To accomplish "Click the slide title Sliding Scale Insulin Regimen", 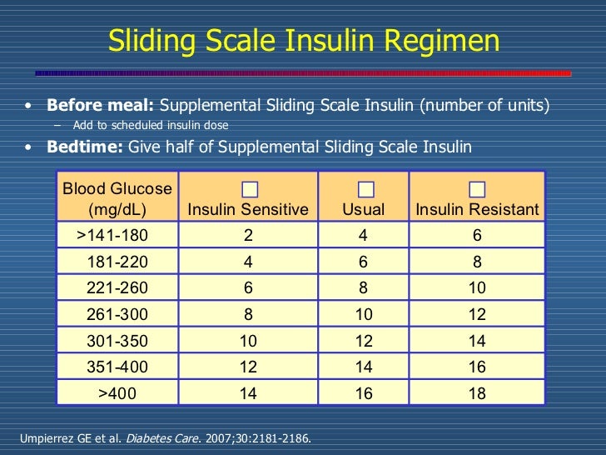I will (304, 40).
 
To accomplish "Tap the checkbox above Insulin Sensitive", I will (248, 189).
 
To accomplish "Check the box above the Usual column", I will (365, 189).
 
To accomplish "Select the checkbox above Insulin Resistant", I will (477, 189).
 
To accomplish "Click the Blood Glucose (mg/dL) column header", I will (117, 199).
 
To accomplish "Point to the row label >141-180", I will (117, 236).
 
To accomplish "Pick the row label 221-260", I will (117, 288).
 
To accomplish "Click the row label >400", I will (117, 393).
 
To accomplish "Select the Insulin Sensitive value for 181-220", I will (248, 262).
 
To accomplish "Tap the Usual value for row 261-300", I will (364, 315).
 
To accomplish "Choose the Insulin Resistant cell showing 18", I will (477, 393).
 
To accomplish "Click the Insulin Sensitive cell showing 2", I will (248, 236).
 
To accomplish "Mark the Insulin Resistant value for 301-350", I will (477, 341).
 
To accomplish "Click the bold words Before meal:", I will (100, 106).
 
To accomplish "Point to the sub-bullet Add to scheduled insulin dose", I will (150, 126).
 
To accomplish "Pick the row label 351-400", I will (117, 367).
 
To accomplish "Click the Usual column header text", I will (364, 210).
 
